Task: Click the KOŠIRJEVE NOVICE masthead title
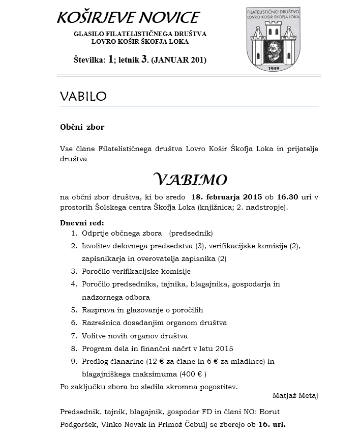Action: point(128,17)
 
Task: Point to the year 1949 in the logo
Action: point(276,68)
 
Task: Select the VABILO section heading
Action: point(83,97)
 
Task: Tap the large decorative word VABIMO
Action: point(190,179)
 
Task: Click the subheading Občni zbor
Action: point(82,127)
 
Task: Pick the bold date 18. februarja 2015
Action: point(227,197)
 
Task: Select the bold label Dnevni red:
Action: point(82,223)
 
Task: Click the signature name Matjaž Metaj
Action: point(295,395)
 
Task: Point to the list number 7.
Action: point(74,336)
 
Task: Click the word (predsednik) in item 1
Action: point(191,233)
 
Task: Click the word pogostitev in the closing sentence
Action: point(218,387)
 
